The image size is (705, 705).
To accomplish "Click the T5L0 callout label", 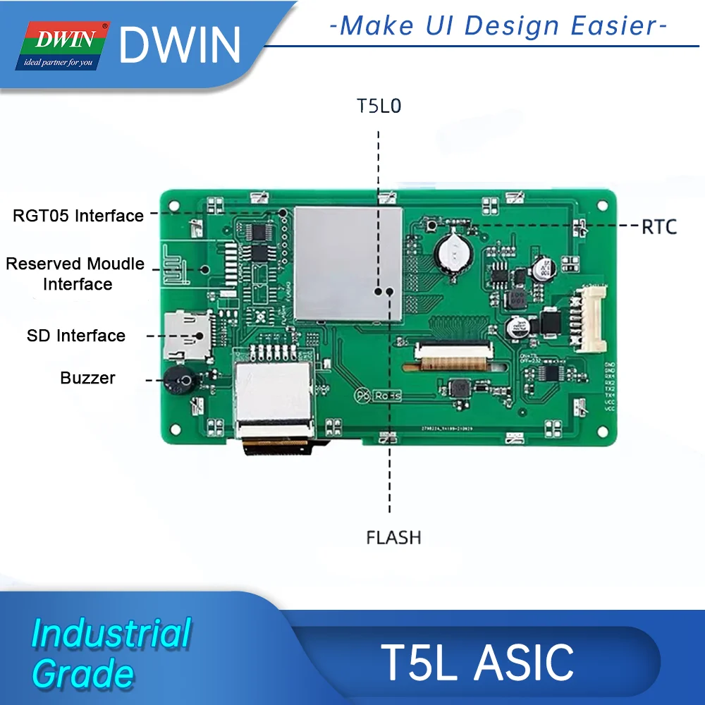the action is pos(379,106).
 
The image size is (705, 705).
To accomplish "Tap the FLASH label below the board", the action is pos(393,537).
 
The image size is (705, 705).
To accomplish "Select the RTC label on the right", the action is pos(659,226).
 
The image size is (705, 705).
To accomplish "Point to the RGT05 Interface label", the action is pos(78,216).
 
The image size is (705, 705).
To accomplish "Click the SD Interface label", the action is pos(76,336).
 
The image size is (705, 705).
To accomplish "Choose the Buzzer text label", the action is pos(87,378).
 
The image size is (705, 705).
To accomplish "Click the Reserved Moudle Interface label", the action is pos(75,274).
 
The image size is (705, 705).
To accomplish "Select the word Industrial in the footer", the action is pos(111,633).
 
